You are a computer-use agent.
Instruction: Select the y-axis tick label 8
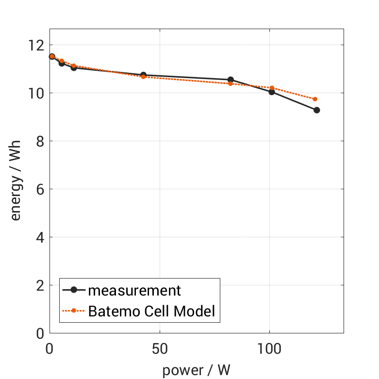(x=40, y=141)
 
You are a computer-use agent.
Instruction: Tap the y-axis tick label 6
(x=40, y=189)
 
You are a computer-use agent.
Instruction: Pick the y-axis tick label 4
(x=40, y=237)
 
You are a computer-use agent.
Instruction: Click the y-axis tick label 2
(x=40, y=285)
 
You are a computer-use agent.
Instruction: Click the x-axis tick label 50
(x=160, y=348)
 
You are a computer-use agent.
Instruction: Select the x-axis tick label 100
(x=269, y=348)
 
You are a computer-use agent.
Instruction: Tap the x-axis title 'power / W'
(x=196, y=370)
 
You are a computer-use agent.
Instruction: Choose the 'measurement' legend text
(x=134, y=291)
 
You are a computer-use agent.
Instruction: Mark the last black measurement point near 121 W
(x=317, y=110)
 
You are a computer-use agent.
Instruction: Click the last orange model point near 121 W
(x=315, y=99)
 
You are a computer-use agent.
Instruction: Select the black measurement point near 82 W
(x=231, y=80)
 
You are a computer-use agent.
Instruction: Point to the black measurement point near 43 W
(x=143, y=75)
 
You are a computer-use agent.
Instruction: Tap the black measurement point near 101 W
(x=272, y=92)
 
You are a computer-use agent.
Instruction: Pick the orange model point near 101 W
(x=272, y=88)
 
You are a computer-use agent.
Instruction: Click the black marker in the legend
(x=74, y=290)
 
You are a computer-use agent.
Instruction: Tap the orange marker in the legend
(x=74, y=311)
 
